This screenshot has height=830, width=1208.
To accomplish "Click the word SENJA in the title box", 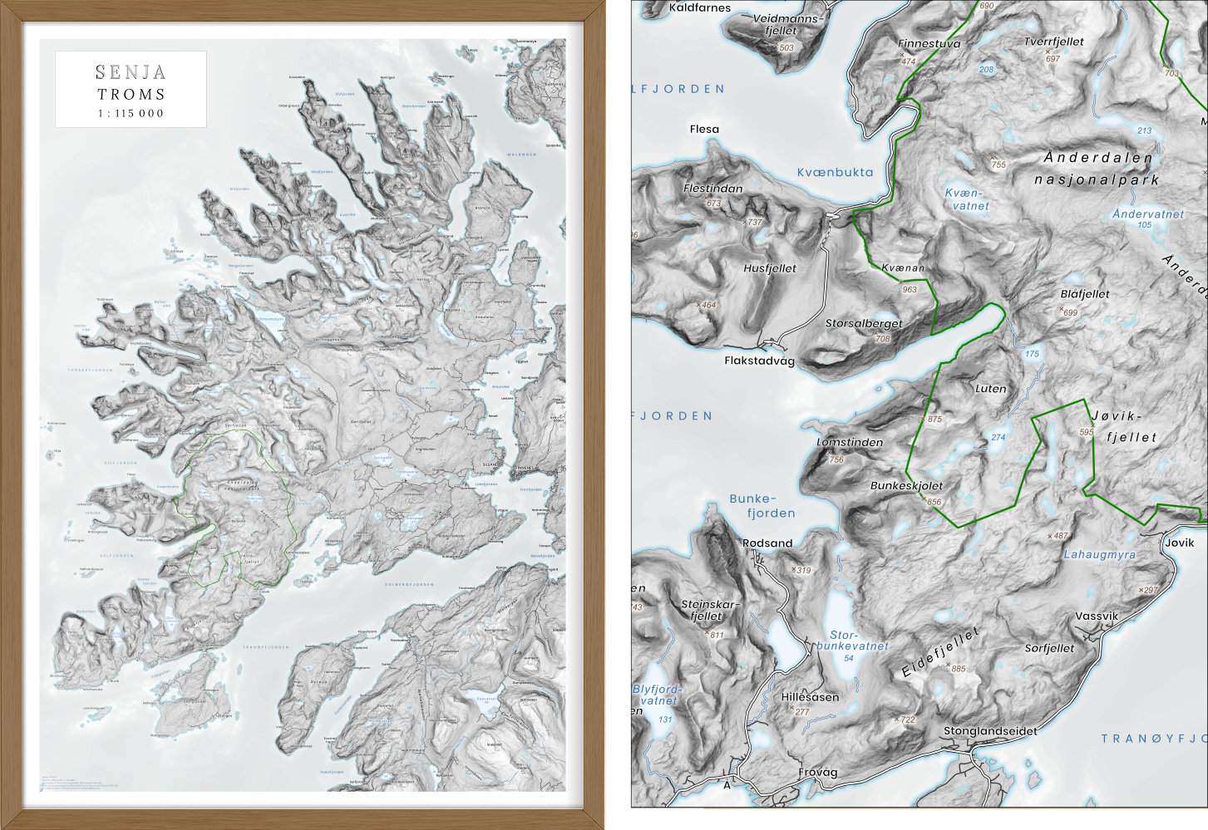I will click(131, 72).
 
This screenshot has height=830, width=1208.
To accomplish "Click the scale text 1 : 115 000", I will click(131, 113).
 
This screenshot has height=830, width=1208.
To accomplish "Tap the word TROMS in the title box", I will click(131, 94).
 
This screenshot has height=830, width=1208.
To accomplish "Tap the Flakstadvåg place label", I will click(759, 361).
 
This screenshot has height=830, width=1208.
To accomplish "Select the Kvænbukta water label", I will click(835, 172).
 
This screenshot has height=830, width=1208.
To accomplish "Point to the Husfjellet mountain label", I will click(769, 268).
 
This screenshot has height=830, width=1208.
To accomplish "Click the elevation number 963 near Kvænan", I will click(910, 289).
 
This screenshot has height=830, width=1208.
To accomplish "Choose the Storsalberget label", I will click(863, 323).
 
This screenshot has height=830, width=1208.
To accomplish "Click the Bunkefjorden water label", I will click(762, 506).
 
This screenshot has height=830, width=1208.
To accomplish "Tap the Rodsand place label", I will click(767, 543).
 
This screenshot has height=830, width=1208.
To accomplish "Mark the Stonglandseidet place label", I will click(989, 731).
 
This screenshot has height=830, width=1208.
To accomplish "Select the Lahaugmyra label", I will click(1099, 554).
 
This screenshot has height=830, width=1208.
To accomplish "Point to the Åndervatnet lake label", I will click(1147, 214).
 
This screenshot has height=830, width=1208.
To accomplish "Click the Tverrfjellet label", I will click(1053, 42).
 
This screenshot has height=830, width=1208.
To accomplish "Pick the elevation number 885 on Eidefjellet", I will click(959, 668).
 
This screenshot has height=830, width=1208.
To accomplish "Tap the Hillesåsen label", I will click(810, 697).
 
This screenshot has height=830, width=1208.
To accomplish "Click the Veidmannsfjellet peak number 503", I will click(786, 47).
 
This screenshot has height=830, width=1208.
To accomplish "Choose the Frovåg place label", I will click(817, 772).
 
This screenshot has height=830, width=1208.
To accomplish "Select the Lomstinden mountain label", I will click(850, 442).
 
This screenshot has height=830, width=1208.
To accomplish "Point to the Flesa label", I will click(704, 129).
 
